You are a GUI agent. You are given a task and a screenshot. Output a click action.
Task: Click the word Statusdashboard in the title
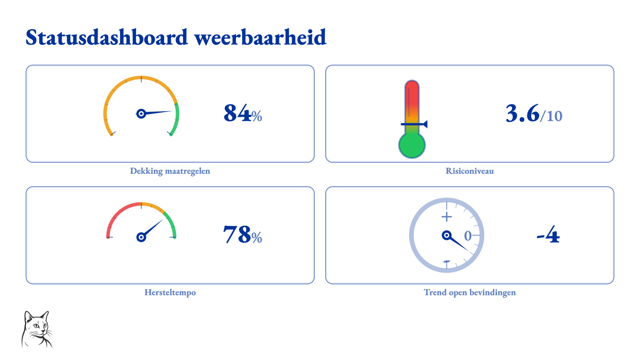point(106,38)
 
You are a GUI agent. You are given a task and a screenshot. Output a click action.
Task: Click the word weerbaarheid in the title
point(260,38)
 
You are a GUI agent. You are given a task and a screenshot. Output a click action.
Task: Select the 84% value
point(242,114)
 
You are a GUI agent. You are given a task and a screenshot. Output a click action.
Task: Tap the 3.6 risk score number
point(522,114)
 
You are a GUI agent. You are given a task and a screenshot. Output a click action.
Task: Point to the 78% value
point(242,234)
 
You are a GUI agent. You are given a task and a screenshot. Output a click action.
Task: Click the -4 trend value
point(548,234)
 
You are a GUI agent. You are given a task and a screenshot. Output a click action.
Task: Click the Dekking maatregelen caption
point(170,171)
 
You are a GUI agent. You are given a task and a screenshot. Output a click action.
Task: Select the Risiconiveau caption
point(470,171)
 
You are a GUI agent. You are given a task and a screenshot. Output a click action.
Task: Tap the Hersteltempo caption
point(170,292)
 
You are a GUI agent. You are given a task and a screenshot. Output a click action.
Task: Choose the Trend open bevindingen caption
point(470,292)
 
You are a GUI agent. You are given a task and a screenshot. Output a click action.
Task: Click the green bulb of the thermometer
point(412,145)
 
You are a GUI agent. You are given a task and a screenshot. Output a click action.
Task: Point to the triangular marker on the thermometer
point(425,124)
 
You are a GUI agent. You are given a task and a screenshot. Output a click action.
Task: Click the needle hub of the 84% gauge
point(141,114)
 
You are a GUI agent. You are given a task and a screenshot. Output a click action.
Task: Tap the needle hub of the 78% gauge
point(141,237)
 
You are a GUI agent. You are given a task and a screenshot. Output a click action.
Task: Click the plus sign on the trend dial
point(446,217)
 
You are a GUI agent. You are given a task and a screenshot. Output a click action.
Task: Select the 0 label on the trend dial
point(468,236)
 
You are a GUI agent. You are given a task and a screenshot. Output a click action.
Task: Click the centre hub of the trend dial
point(446,236)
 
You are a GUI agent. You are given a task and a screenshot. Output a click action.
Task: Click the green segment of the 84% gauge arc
point(177,118)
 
